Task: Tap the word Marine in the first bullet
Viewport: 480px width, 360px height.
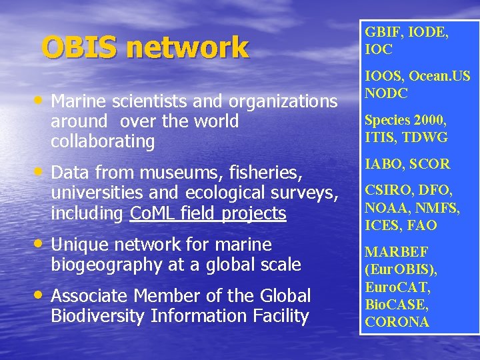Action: (79, 101)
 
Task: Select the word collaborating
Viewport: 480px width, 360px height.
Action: (103, 141)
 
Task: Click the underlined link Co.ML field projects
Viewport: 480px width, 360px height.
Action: (209, 213)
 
